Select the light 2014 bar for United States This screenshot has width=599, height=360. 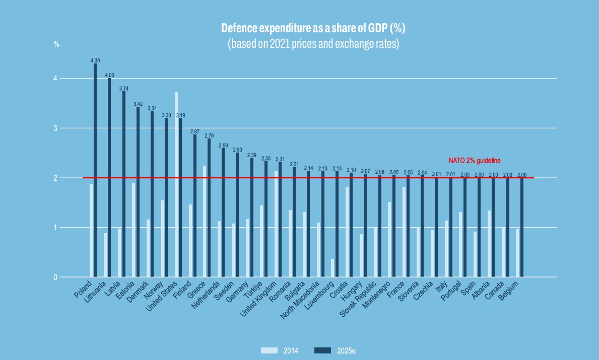(x=176, y=184)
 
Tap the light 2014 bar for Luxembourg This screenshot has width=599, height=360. (x=332, y=268)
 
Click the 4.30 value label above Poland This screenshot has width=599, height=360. (x=95, y=60)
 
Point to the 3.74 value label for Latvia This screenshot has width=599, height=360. (x=123, y=88)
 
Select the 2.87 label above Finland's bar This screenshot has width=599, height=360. (x=195, y=131)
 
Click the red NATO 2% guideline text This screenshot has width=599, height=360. (x=475, y=161)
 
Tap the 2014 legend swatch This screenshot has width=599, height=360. (x=269, y=350)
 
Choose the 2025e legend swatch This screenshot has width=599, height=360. (x=322, y=350)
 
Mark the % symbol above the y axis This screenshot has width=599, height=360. (x=56, y=44)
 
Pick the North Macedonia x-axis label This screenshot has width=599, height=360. (x=303, y=300)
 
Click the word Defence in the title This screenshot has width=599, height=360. (x=239, y=28)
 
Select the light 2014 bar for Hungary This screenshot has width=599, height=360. (x=361, y=255)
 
